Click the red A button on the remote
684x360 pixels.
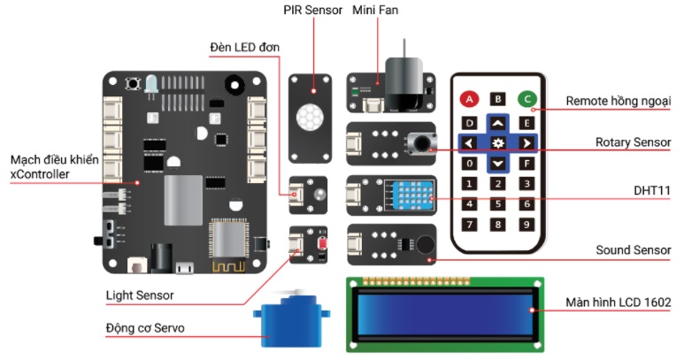click(x=471, y=99)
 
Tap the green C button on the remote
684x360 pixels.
click(x=526, y=99)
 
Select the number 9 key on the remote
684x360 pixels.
click(x=526, y=225)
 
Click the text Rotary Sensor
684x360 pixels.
click(x=633, y=142)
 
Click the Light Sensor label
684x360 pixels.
click(x=140, y=295)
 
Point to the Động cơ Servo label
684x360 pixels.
click(x=150, y=330)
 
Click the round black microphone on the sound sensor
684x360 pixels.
click(x=425, y=247)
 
